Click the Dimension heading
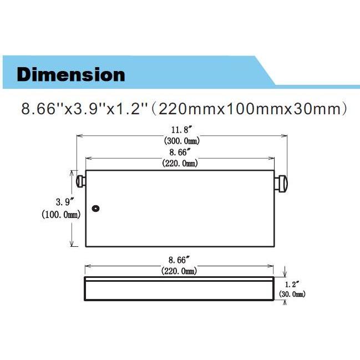[x=71, y=74]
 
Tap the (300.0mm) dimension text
[x=181, y=141]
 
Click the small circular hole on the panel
[x=96, y=209]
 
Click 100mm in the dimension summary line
[x=250, y=108]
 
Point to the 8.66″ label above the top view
[x=181, y=152]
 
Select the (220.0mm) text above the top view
[x=181, y=163]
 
